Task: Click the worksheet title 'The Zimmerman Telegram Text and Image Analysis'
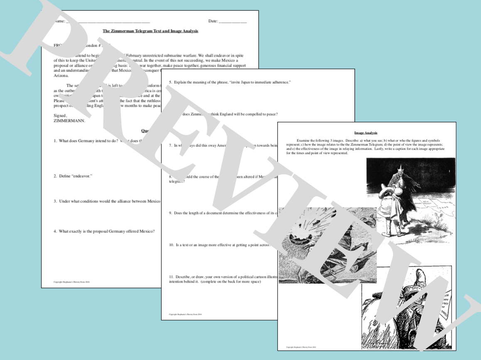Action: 150,31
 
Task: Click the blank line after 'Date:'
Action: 233,21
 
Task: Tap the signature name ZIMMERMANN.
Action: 70,121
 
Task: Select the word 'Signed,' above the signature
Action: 61,116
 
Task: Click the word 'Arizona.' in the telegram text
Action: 61,76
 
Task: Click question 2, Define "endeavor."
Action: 73,176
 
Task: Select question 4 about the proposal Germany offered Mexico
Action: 104,231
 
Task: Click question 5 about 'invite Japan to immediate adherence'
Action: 229,82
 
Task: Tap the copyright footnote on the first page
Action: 71,282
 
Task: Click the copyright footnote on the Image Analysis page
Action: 301,346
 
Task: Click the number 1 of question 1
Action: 55,141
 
